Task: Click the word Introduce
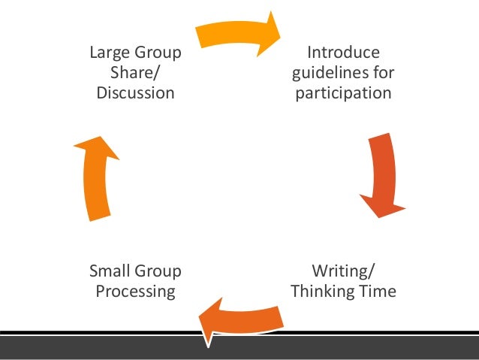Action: [343, 53]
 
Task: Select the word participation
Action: [343, 94]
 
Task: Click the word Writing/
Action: [343, 271]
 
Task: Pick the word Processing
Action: [135, 291]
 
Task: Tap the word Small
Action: [110, 271]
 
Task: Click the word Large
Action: [110, 53]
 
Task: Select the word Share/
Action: [135, 74]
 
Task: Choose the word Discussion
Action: [135, 94]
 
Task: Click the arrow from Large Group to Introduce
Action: [236, 34]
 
